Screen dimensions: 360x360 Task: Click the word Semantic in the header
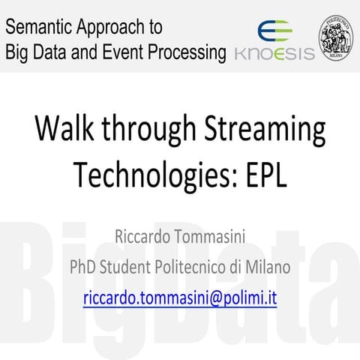[37, 28]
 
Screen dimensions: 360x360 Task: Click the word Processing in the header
[190, 52]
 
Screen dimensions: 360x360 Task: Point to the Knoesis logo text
[274, 54]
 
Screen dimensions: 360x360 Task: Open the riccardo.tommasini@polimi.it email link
[180, 297]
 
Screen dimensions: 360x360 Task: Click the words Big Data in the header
[36, 52]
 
